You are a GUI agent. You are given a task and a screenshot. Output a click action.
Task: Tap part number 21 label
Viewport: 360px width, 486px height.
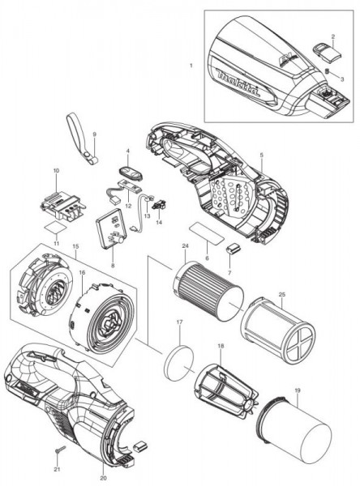coord(57,469)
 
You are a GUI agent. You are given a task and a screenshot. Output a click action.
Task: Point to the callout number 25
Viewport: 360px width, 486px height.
coord(282,294)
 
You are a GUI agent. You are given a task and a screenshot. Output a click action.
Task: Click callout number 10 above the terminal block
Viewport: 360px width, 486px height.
coord(56,170)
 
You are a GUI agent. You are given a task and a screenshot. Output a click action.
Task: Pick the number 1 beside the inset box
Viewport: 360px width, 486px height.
coord(191,66)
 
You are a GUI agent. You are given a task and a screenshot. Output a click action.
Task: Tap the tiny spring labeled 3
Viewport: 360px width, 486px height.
coord(327,71)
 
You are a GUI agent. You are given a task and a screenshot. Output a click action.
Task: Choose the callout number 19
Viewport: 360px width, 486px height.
coord(298,391)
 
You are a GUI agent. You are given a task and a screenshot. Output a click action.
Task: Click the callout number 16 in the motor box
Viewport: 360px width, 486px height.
coord(82,272)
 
